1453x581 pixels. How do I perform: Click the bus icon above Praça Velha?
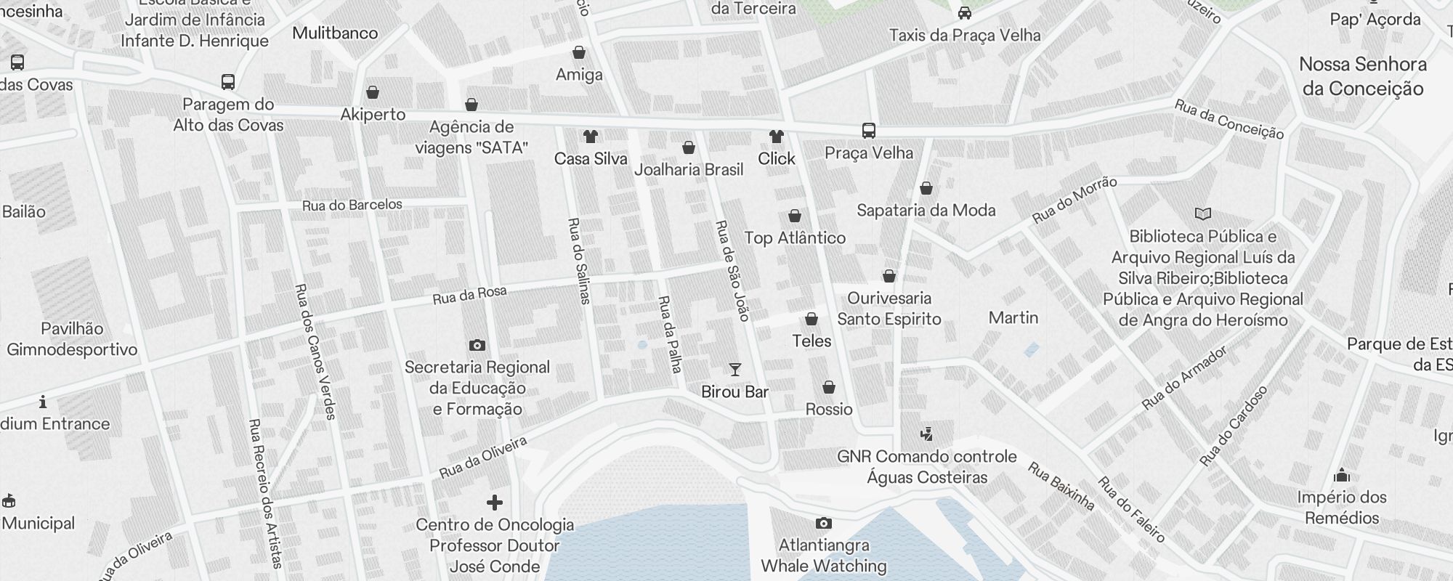coord(868,131)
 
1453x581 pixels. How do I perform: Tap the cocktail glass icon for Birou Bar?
coord(734,370)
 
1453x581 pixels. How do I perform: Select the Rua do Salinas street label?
coord(579,260)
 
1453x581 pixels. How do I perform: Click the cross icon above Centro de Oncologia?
coord(495,503)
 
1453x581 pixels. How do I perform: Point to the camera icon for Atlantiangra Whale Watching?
coord(823,523)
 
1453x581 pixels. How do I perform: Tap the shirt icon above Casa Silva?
coord(590,136)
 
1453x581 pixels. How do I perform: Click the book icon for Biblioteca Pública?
coord(1203,214)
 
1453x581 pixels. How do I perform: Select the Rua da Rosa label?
coord(469,295)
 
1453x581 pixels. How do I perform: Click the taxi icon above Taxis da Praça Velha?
coord(965,12)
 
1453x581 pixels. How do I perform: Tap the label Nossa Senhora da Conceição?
coord(1362,76)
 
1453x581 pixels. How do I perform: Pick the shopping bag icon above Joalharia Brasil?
coord(689,147)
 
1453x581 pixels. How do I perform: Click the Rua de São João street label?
coord(732,270)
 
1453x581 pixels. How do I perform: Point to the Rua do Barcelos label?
coord(352,206)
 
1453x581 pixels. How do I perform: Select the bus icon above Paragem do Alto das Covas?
coord(227,81)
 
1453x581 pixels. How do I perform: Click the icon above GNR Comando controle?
coord(926,434)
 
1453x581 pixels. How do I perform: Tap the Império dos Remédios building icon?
coord(1342,476)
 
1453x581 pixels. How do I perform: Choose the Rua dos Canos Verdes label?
coord(315,351)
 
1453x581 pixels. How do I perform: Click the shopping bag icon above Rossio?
coord(828,387)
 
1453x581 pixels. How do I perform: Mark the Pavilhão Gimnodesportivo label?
coord(72,339)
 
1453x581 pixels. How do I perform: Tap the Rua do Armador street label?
coord(1184,378)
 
